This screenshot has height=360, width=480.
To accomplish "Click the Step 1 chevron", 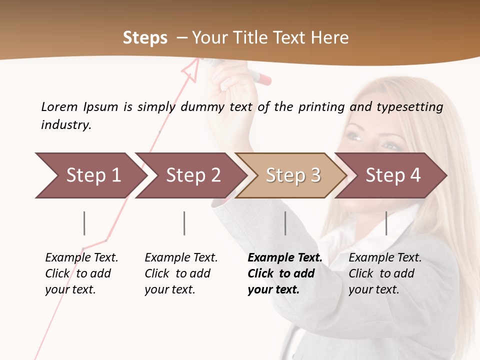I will pyautogui.click(x=90, y=175).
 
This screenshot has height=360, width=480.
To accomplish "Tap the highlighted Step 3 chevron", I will pyautogui.click(x=291, y=175).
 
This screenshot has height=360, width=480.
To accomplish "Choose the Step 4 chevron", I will pyautogui.click(x=391, y=175).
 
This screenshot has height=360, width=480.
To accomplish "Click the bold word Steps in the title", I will pyautogui.click(x=145, y=37).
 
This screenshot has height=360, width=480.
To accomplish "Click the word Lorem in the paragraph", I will pyautogui.click(x=59, y=106).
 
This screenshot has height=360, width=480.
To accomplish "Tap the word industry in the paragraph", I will pyautogui.click(x=66, y=124).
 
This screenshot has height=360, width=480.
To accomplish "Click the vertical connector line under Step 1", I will pyautogui.click(x=84, y=223).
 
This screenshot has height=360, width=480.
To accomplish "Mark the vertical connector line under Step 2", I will pyautogui.click(x=184, y=223).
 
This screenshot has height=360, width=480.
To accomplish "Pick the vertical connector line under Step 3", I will pyautogui.click(x=285, y=223).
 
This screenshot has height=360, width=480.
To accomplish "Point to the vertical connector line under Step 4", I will pyautogui.click(x=386, y=223).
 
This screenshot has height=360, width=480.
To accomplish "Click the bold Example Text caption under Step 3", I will pyautogui.click(x=284, y=273).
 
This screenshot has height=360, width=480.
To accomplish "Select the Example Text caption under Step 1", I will pyautogui.click(x=81, y=273).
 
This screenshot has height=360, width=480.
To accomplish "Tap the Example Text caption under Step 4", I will pyautogui.click(x=385, y=273).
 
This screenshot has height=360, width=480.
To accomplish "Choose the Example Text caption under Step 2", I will pyautogui.click(x=181, y=273).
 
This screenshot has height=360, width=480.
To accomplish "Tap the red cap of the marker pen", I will pyautogui.click(x=263, y=79).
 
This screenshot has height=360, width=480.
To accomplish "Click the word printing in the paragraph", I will pyautogui.click(x=321, y=106).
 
